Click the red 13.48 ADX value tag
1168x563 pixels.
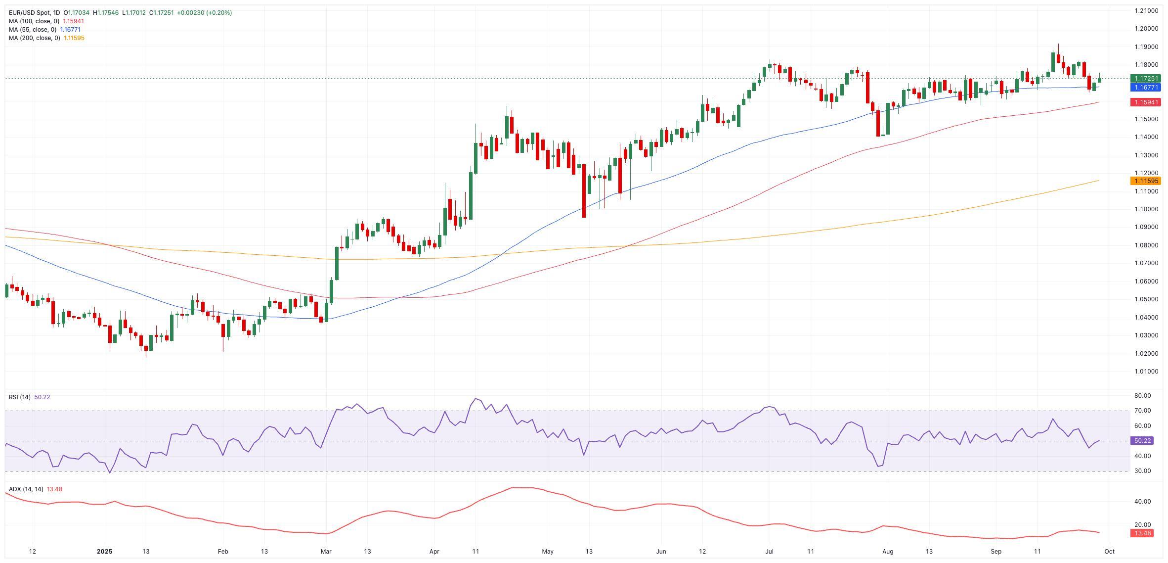pos(1142,533)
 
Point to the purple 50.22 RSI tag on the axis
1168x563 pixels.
pos(1142,440)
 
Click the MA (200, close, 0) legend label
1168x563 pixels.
pos(34,38)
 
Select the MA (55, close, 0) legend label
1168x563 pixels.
pos(33,30)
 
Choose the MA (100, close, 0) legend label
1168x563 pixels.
pos(34,21)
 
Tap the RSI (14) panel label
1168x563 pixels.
pos(20,397)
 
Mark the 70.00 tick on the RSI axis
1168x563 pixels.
pos(1143,411)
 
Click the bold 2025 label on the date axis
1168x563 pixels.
pos(105,551)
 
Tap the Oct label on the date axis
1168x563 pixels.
pos(1109,551)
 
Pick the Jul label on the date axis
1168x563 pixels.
pos(769,551)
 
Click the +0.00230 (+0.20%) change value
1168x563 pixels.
pos(204,13)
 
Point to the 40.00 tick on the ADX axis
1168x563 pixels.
pos(1143,502)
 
